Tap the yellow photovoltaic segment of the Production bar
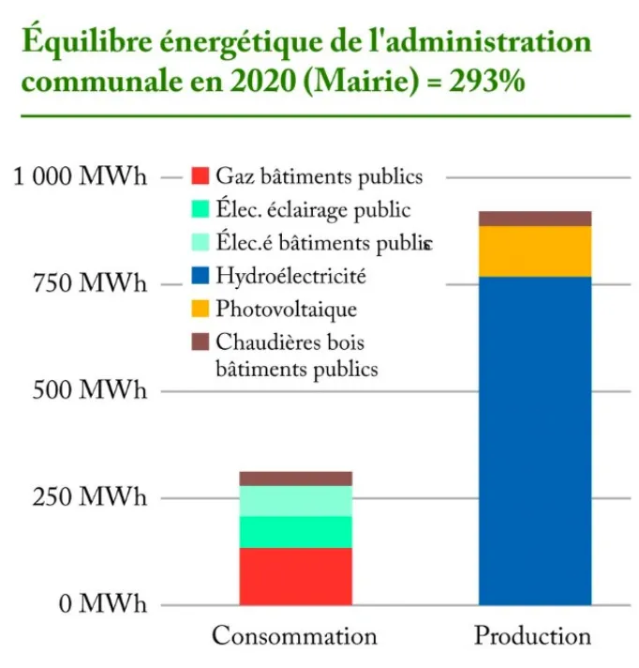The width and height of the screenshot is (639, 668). click(534, 251)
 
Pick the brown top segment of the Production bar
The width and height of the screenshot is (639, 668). click(534, 219)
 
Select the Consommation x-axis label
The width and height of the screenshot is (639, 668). click(294, 636)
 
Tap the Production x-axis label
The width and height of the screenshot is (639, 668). click(533, 636)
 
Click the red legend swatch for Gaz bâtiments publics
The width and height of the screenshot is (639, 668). click(198, 175)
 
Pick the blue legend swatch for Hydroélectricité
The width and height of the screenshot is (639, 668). click(198, 276)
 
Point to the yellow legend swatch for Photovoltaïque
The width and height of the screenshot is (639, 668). click(198, 309)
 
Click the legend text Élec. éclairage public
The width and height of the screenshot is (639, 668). click(313, 209)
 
